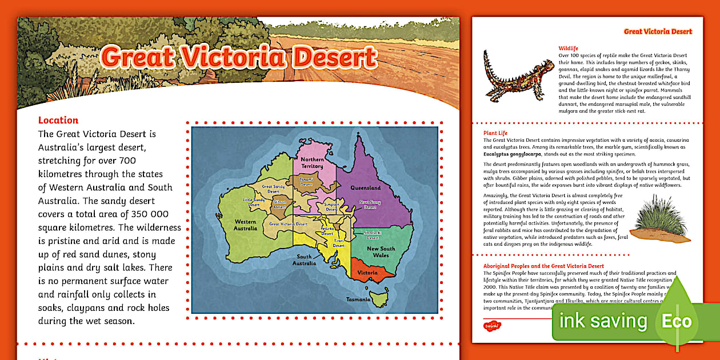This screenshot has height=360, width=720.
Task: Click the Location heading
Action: tap(58, 120)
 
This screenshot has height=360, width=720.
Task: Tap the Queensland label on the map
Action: tap(366, 187)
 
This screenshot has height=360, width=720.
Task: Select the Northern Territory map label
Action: tap(312, 162)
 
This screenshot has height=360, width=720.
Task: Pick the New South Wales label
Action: tap(381, 252)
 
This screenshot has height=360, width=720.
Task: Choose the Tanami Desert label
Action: tap(306, 182)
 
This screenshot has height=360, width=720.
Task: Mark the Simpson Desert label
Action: tap(332, 207)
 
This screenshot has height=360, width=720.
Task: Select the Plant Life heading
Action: tap(495, 133)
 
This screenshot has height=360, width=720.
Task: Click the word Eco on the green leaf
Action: tap(677, 321)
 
